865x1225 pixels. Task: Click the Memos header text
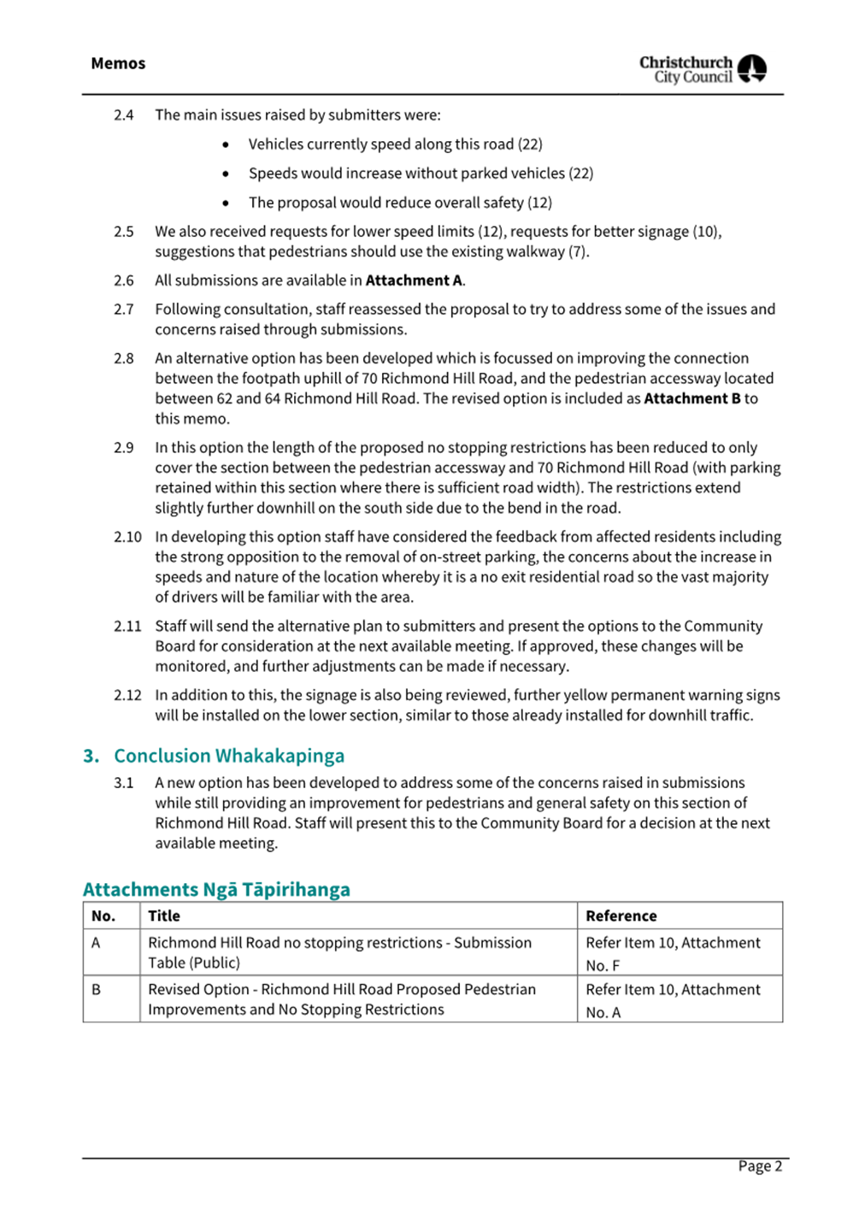(x=118, y=63)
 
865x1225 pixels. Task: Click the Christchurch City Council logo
(x=703, y=69)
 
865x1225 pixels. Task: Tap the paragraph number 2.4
(x=124, y=115)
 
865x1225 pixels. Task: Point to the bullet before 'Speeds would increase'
(x=226, y=174)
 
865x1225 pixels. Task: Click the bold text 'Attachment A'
(x=414, y=280)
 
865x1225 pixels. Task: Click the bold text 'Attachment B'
(x=691, y=398)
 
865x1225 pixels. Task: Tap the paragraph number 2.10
(x=127, y=537)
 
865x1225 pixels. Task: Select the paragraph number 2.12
(x=127, y=695)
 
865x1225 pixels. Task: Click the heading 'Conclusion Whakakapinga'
(x=229, y=756)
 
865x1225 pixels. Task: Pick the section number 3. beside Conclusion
(x=91, y=756)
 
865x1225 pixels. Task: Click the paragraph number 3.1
(x=124, y=783)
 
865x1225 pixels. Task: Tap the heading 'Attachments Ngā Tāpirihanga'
(x=216, y=889)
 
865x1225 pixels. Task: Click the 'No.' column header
(x=103, y=916)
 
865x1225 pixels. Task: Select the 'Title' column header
(x=164, y=916)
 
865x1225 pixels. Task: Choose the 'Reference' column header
(x=621, y=916)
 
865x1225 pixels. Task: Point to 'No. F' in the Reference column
(x=603, y=966)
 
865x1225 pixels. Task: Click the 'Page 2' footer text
(x=760, y=1166)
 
